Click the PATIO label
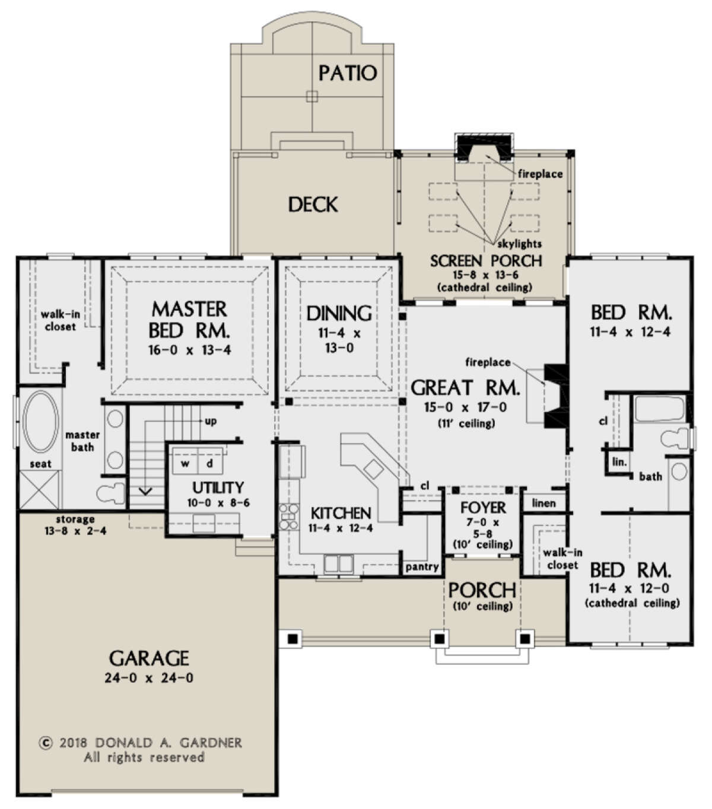click(348, 73)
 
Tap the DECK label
click(313, 205)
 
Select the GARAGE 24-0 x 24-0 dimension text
click(149, 678)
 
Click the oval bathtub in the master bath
click(40, 422)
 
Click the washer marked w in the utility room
click(185, 464)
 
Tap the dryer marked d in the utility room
click(210, 464)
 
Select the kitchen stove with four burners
click(289, 517)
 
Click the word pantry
click(422, 567)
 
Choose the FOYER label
click(483, 508)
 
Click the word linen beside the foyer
click(543, 503)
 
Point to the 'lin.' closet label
click(619, 462)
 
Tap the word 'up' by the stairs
click(211, 421)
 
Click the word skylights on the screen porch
click(519, 244)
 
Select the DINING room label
click(339, 313)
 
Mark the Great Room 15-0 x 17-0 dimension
click(466, 407)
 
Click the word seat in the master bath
click(41, 464)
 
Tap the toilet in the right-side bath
click(676, 439)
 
